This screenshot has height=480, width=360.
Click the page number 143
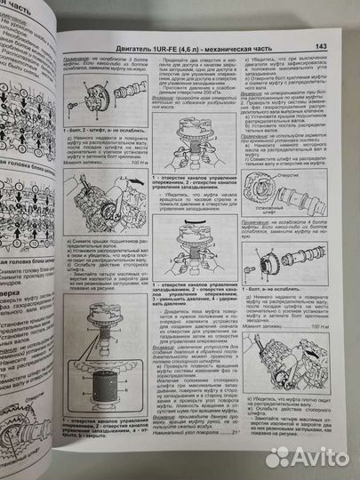click(x=322, y=46)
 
